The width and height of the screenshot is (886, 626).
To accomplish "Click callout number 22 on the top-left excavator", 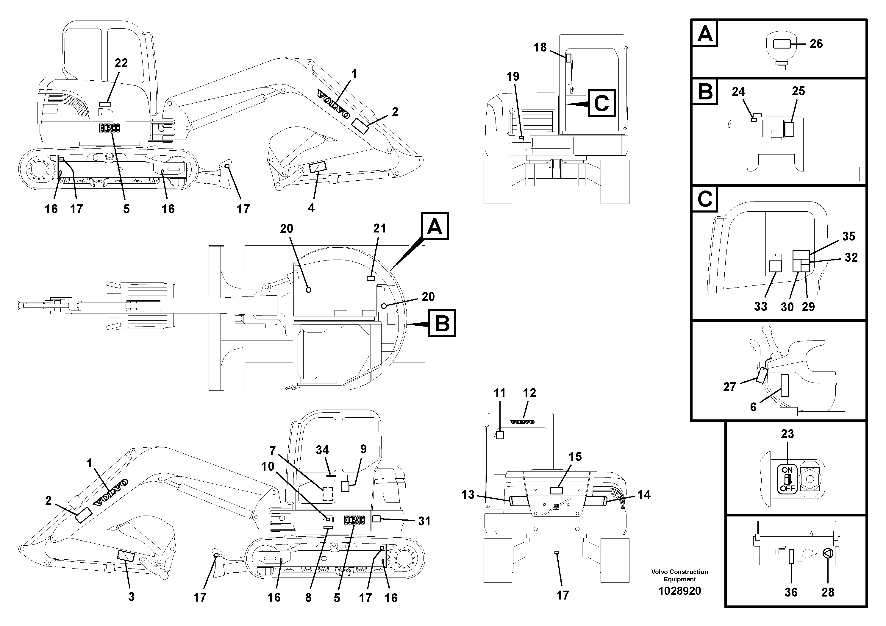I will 121,63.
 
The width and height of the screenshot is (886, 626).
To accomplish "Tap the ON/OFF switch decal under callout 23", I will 787,479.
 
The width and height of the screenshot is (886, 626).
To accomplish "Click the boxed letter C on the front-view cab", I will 601,103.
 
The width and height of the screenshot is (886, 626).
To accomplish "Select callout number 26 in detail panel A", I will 816,44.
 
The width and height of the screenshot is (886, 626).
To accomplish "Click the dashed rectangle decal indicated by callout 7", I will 328,494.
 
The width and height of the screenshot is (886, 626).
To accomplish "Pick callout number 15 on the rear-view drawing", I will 575,457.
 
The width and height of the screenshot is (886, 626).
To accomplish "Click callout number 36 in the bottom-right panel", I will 791,592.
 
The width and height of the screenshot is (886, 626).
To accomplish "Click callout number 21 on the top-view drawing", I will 379,229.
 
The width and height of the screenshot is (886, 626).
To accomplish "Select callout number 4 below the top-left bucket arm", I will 311,208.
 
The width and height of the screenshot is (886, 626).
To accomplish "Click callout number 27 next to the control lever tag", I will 729,387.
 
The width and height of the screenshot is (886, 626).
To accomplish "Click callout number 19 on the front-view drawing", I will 513,77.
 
